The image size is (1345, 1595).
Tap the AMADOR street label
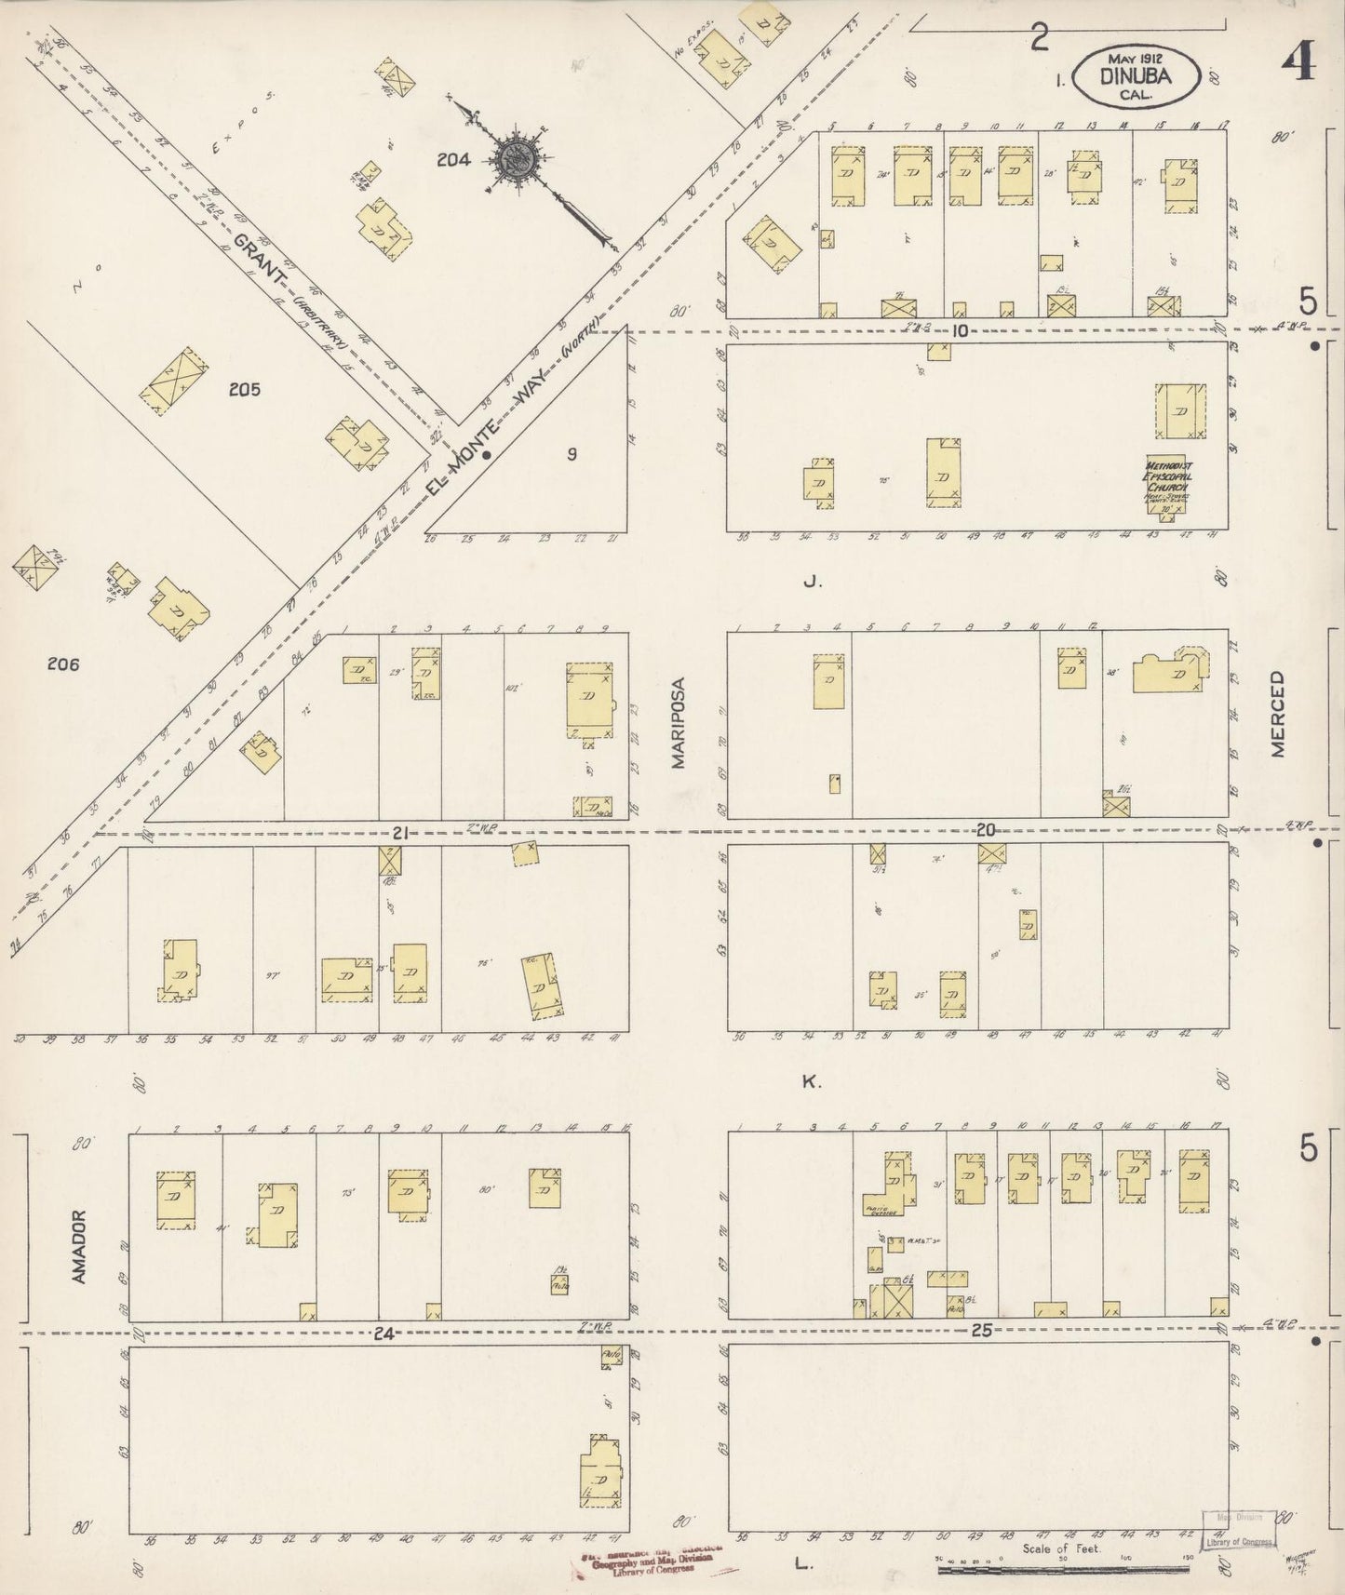(x=79, y=1247)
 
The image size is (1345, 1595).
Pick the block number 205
(x=245, y=389)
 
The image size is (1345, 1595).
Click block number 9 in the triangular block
(x=572, y=454)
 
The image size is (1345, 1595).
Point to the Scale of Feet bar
(x=1061, y=1569)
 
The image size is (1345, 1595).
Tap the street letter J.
(x=811, y=583)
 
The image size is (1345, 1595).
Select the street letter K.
(x=810, y=1080)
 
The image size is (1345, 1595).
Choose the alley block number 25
(x=981, y=1331)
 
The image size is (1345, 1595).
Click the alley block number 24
(x=383, y=1334)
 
